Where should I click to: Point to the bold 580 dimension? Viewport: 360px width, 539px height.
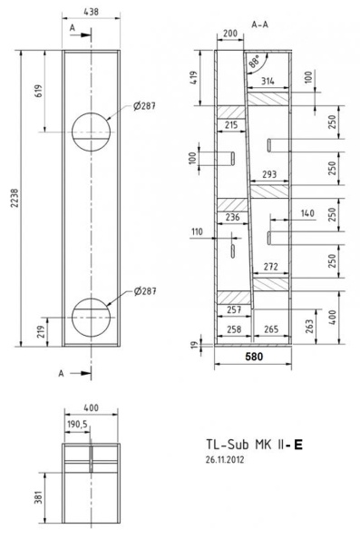click(x=254, y=357)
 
